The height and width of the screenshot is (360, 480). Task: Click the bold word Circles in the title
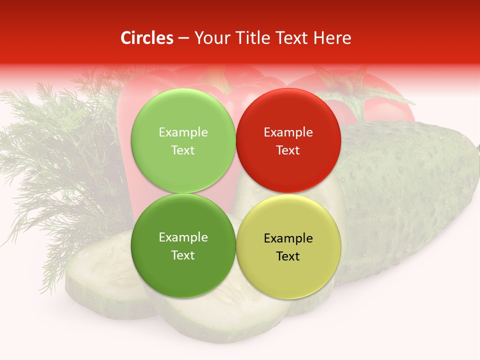click(147, 38)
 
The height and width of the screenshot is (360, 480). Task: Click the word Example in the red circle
click(288, 132)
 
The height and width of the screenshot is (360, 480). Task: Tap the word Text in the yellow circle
click(288, 256)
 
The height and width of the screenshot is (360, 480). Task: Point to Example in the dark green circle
click(183, 237)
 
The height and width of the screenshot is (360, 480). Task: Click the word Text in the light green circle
click(183, 150)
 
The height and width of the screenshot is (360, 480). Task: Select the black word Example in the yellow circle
click(288, 238)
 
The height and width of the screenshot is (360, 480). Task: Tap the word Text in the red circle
click(288, 150)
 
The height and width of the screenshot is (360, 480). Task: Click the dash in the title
click(183, 38)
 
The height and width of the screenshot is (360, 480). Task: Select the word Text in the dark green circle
click(183, 255)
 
